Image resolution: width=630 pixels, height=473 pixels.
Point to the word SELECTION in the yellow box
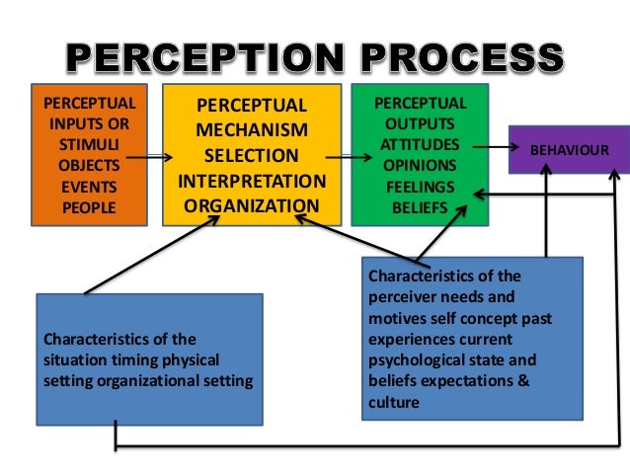tap(251, 156)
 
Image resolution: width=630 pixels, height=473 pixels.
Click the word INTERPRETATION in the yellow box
tap(251, 182)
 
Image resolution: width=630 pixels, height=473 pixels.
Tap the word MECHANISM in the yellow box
tap(251, 130)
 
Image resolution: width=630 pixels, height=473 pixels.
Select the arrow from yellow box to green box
tap(342, 155)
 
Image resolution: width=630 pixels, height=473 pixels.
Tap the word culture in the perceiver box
tap(392, 402)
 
